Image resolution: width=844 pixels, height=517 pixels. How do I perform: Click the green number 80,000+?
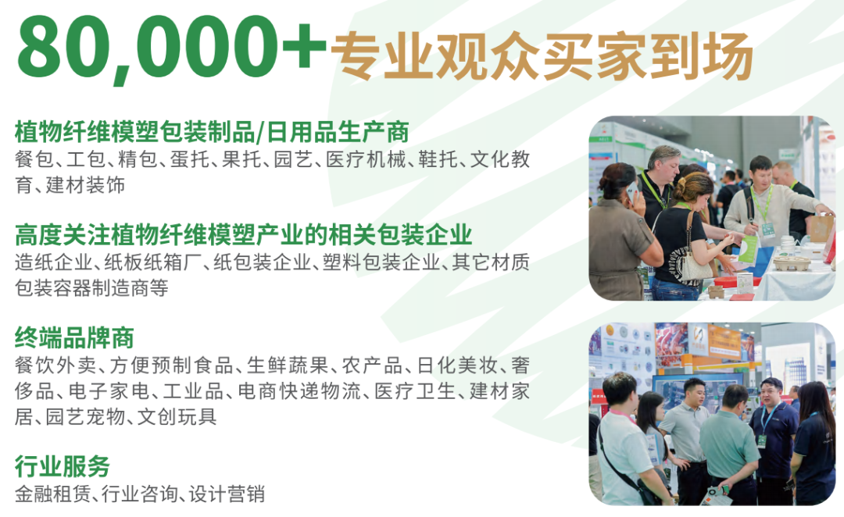[x=172, y=48]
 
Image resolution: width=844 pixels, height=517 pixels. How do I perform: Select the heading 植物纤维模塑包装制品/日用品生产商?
[x=212, y=132]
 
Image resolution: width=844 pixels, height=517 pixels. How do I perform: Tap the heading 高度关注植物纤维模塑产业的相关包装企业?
[x=243, y=234]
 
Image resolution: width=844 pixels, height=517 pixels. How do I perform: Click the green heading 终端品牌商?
[x=74, y=338]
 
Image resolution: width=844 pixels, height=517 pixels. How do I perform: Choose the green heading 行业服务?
[x=63, y=466]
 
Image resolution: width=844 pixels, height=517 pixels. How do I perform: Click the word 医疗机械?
[x=366, y=159]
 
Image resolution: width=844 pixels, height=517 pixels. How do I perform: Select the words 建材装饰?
[x=86, y=185]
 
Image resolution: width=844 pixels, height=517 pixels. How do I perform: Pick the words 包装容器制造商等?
[x=91, y=288]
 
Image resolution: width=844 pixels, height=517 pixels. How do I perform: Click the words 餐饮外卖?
[x=55, y=365]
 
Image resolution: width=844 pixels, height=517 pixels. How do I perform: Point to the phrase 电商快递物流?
[x=299, y=391]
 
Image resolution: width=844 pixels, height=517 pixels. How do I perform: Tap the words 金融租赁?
[x=53, y=494]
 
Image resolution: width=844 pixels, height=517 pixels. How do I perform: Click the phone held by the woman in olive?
[x=631, y=193]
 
